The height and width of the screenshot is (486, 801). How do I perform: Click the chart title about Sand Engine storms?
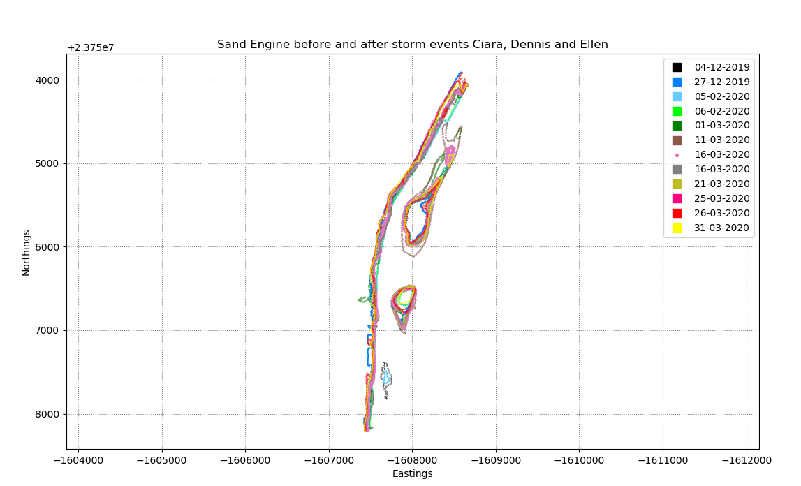(x=412, y=45)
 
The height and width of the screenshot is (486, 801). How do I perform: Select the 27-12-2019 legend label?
(x=721, y=82)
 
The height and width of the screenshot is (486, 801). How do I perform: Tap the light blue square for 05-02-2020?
(x=677, y=96)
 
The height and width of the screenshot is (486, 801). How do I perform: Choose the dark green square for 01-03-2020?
(x=677, y=126)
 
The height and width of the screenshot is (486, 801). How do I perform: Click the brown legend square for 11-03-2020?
(x=677, y=140)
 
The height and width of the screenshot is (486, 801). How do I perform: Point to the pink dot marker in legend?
(x=677, y=155)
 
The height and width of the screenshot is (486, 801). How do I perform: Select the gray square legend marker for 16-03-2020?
(x=677, y=169)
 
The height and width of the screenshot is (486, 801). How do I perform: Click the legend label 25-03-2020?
(x=721, y=198)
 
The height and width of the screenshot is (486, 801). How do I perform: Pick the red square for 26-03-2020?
(x=677, y=213)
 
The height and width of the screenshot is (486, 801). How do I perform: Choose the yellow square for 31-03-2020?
(x=677, y=228)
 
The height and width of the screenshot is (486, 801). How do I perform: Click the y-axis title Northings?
(x=27, y=252)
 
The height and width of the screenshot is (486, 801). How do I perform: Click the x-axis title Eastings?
(x=412, y=473)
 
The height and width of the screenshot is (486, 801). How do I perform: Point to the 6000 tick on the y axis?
(x=47, y=247)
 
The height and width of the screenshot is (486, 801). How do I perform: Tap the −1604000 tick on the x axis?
(x=78, y=460)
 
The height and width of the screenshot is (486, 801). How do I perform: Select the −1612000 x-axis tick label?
(x=747, y=460)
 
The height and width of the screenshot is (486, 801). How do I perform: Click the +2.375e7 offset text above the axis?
(x=90, y=48)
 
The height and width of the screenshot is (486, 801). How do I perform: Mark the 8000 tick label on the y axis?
(x=47, y=414)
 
